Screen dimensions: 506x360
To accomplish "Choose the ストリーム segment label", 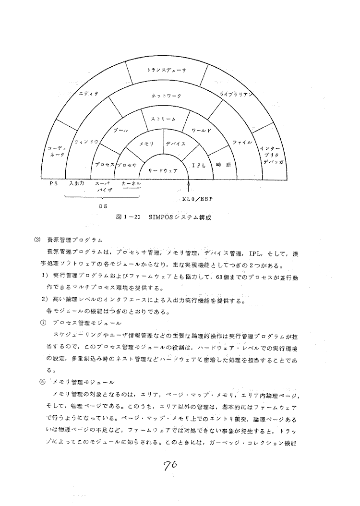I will point(163,118).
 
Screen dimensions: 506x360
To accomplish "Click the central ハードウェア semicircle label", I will point(163,170).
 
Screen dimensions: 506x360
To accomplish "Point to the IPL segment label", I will point(199,165).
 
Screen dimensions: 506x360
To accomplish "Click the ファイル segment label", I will point(242,143).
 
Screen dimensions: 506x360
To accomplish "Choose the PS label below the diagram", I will point(54,183).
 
